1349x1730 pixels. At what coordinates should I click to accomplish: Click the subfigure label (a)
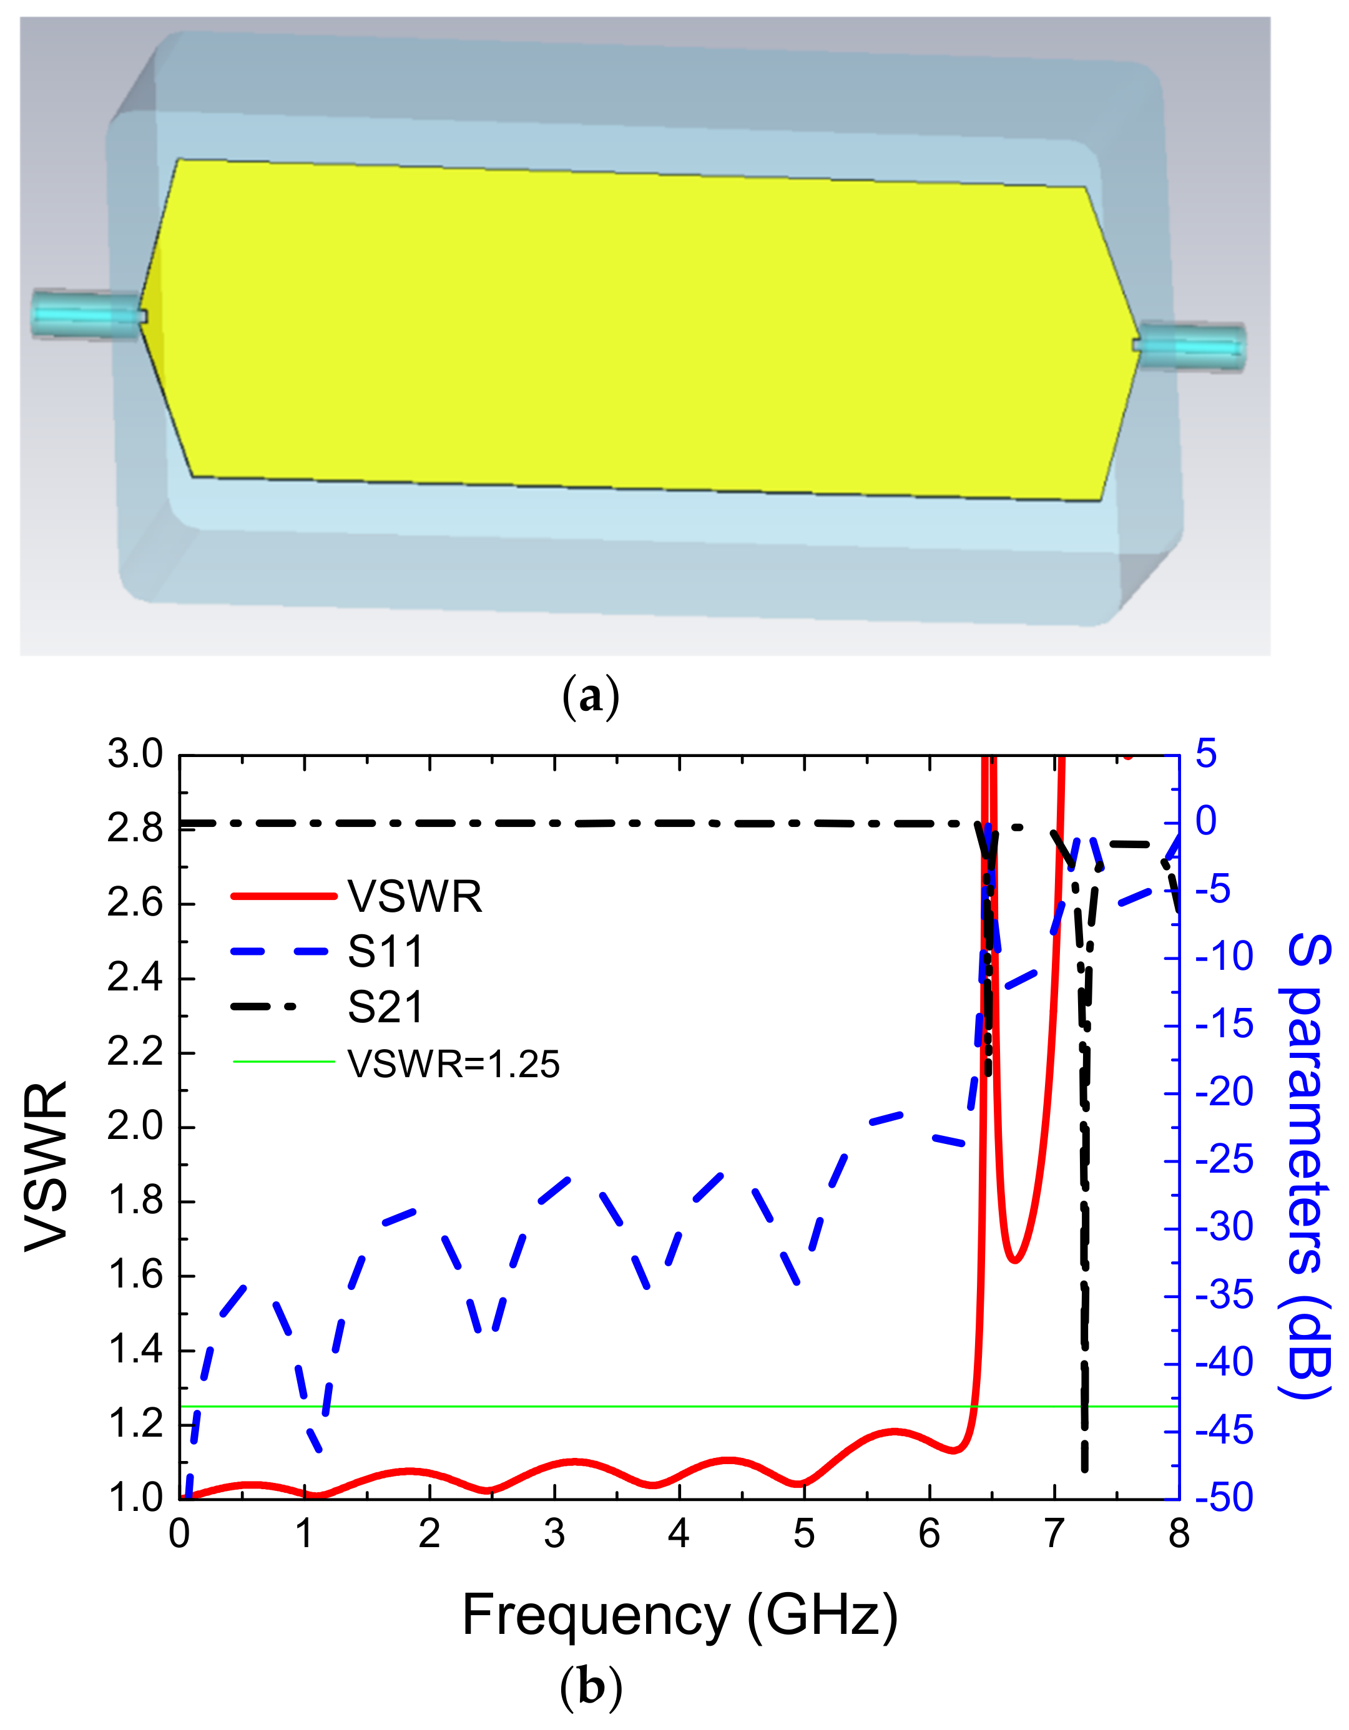click(x=590, y=697)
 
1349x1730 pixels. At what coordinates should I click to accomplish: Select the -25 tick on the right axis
click(x=1225, y=1161)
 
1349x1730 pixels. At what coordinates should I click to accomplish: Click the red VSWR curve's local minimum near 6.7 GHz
click(x=1015, y=1260)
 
